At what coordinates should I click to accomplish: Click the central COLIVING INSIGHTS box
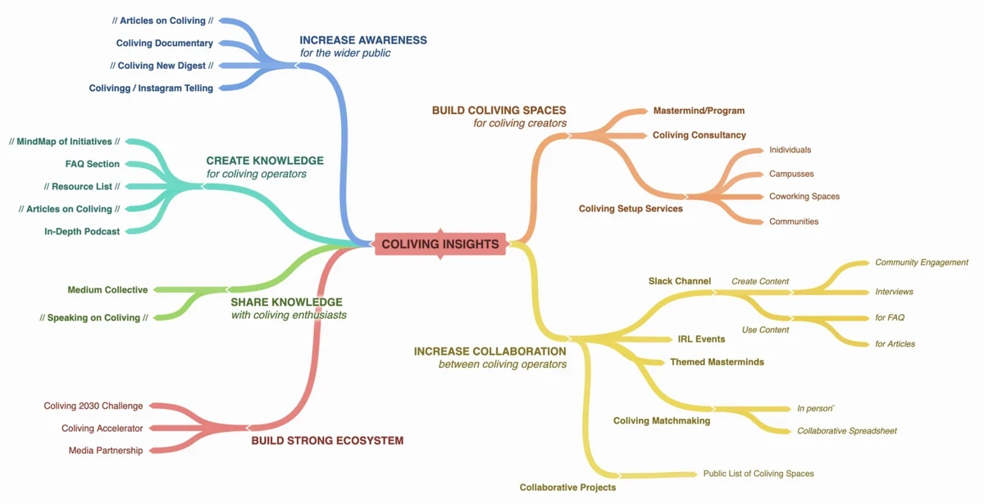[440, 244]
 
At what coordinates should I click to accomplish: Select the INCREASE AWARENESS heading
[363, 40]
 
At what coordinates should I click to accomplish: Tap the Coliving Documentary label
[165, 43]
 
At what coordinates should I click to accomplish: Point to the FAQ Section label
[92, 164]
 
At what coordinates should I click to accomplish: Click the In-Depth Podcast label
[82, 231]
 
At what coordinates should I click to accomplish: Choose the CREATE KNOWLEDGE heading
[265, 161]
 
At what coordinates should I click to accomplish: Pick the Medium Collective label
[107, 290]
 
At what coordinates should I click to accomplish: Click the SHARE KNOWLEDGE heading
[286, 302]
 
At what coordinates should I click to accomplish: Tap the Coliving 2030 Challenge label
[93, 406]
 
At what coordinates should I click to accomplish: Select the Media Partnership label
[106, 451]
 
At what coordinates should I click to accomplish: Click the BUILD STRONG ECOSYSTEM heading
[327, 441]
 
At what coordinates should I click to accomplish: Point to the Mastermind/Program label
[699, 111]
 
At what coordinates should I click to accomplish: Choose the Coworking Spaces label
[804, 196]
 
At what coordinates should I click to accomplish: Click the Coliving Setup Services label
[631, 208]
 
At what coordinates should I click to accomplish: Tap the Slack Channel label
[680, 281]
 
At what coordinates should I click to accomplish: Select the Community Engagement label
[922, 262]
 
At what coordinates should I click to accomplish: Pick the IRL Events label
[701, 339]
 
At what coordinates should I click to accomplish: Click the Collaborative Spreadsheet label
[847, 431]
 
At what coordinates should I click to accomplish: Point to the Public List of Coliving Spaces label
[758, 474]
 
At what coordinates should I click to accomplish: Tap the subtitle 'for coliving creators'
[520, 124]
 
